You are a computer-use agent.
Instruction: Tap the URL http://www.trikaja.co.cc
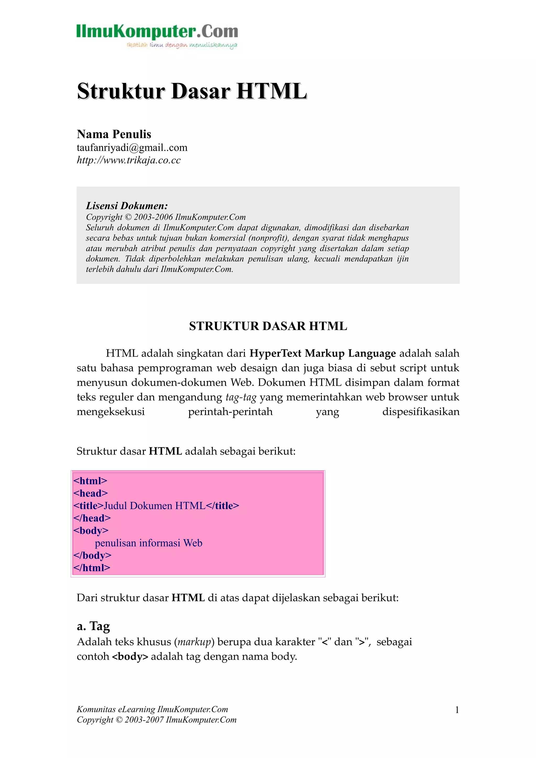tap(129, 160)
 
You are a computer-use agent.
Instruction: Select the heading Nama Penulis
tap(114, 134)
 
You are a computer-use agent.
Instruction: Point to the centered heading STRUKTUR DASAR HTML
tap(268, 326)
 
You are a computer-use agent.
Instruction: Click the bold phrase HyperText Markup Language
tap(322, 353)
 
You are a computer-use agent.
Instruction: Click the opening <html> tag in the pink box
tap(90, 481)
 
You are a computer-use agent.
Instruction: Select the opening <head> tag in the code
tap(91, 493)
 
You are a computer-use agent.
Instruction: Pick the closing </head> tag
tap(92, 518)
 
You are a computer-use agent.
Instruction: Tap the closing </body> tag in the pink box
tap(92, 555)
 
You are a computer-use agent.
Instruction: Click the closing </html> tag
tap(92, 568)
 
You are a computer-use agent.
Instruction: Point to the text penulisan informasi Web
tap(148, 543)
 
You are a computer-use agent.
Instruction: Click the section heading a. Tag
tap(93, 626)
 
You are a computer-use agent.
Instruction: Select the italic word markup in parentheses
tap(194, 642)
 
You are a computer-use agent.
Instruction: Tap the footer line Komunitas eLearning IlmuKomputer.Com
tap(152, 709)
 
